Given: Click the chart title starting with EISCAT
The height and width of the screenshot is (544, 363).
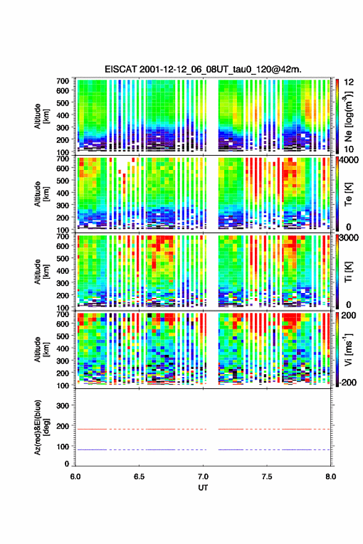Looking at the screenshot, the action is point(203,69).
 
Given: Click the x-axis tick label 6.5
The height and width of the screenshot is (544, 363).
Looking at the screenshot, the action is point(139,477).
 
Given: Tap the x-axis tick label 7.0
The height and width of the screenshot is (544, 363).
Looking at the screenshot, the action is point(203,477).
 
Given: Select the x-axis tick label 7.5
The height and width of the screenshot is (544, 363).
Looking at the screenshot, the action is point(267,477).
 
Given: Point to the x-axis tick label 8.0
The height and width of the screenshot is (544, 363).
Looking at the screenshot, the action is point(331,477).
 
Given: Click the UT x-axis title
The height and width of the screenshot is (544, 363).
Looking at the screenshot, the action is point(203,488).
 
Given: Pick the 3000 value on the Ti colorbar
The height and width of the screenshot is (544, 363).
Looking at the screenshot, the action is point(349,238).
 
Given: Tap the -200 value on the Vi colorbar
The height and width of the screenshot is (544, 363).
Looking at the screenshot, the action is point(348,382).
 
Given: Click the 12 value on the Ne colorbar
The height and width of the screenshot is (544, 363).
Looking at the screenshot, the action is point(349,82).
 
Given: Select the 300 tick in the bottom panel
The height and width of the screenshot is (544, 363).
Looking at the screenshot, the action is point(62,406).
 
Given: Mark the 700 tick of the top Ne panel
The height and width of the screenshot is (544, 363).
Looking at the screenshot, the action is point(62,81).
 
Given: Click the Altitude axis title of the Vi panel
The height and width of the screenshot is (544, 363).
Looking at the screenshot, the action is point(41,349).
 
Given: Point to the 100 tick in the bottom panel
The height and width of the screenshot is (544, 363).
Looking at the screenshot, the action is point(62,446).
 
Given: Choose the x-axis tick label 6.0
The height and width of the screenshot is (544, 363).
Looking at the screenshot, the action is point(75,477).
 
